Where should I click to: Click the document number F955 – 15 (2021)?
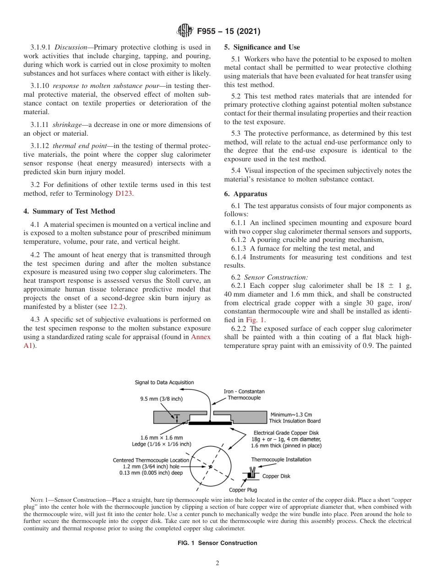click(228, 32)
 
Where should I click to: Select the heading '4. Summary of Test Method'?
click(69, 211)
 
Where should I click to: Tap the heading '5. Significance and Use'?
click(262, 47)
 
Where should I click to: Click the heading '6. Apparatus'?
click(245, 194)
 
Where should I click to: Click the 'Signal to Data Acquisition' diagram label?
click(164, 382)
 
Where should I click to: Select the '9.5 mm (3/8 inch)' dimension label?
click(161, 399)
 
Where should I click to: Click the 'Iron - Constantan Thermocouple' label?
click(244, 395)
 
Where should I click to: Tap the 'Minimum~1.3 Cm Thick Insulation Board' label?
click(294, 418)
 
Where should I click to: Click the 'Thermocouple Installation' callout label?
click(281, 459)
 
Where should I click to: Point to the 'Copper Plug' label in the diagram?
click(243, 490)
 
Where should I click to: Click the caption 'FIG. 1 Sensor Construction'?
click(217, 543)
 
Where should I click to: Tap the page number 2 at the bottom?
click(217, 563)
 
